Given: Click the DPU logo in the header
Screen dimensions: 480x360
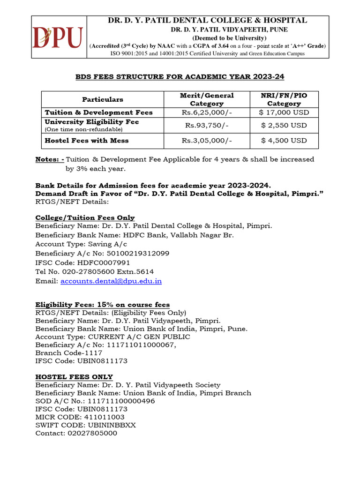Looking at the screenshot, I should [x=58, y=37].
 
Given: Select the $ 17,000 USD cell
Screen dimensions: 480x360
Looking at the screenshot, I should [x=284, y=112].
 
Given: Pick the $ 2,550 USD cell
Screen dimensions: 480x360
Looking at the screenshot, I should [x=284, y=125].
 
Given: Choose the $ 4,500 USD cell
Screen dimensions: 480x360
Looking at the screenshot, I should [x=284, y=140].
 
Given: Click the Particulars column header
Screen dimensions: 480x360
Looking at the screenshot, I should [x=103, y=99].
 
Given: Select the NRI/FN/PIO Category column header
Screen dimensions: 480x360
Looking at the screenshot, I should [x=284, y=99].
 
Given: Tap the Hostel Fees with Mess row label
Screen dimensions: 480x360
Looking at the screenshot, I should [x=86, y=140].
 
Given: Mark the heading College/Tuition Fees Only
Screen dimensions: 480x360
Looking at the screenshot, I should [x=85, y=217].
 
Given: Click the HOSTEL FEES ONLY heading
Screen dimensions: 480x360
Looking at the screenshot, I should [x=74, y=376].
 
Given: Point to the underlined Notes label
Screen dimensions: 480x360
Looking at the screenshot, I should [x=50, y=159].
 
